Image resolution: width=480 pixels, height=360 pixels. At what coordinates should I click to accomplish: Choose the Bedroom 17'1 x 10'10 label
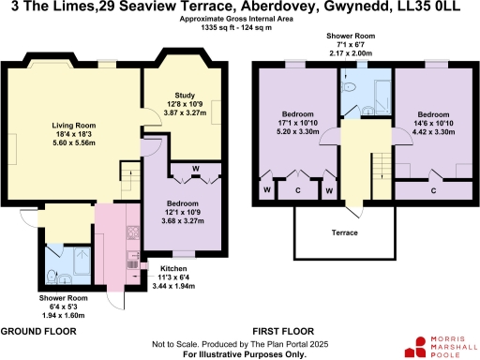coord(298,126)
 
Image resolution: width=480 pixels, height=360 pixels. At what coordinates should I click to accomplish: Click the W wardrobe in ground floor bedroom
coord(196,169)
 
